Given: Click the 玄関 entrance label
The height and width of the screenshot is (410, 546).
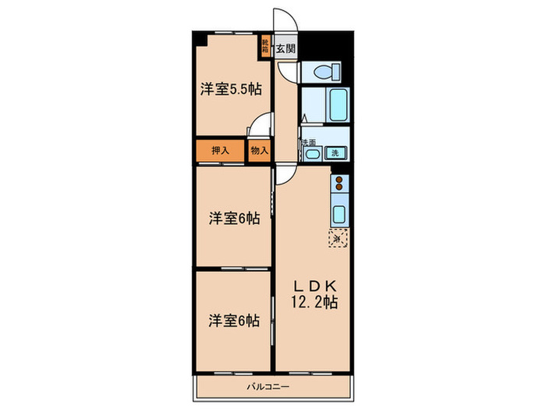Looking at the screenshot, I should click(285, 48).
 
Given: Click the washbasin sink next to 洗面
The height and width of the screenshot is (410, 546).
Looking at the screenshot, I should click(312, 154).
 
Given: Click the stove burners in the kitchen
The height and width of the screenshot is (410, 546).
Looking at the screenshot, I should click(340, 185).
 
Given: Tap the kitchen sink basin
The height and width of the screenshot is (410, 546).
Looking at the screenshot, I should click(339, 214).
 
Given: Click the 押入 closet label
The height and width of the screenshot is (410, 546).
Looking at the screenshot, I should click(220, 151).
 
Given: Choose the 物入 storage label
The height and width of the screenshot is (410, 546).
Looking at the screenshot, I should click(259, 151).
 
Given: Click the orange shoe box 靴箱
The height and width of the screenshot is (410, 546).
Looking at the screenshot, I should click(266, 45).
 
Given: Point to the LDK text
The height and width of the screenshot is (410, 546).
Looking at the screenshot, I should click(310, 286).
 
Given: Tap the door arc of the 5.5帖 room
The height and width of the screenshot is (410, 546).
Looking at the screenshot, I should click(261, 125).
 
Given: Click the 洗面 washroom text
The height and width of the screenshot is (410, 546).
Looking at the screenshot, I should click(308, 142).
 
